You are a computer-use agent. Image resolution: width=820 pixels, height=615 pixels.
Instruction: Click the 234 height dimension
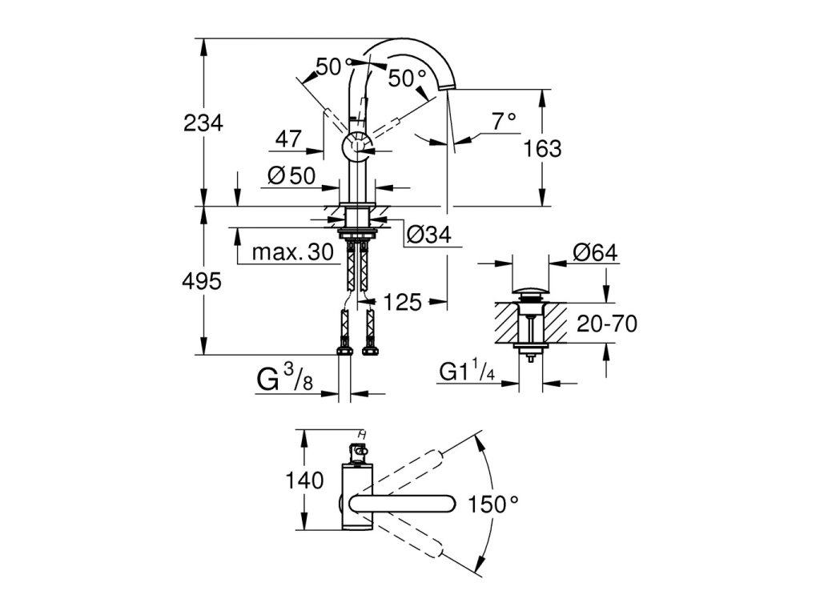(x=203, y=123)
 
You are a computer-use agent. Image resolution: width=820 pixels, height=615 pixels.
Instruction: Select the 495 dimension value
(x=202, y=282)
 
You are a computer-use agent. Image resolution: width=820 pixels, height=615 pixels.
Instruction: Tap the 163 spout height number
(x=542, y=149)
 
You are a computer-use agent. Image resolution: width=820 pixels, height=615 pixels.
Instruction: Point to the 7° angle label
(x=504, y=122)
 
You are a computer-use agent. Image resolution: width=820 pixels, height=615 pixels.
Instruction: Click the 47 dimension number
(x=288, y=139)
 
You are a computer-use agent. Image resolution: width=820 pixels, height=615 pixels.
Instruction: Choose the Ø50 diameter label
(x=291, y=175)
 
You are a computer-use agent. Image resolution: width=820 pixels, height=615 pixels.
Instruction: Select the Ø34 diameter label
(x=429, y=235)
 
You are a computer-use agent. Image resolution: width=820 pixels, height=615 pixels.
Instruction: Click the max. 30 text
(x=293, y=252)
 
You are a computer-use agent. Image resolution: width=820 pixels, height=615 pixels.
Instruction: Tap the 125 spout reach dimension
(x=403, y=302)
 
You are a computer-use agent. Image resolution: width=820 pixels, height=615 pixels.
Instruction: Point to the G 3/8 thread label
(x=285, y=378)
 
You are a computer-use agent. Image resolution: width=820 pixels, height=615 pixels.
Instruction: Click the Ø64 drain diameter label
(x=595, y=252)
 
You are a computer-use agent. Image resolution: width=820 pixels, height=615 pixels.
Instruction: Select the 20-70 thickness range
(x=607, y=324)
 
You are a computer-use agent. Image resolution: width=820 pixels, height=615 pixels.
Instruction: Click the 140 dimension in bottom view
(x=304, y=480)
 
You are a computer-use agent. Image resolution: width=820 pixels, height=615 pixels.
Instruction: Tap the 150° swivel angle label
(x=493, y=504)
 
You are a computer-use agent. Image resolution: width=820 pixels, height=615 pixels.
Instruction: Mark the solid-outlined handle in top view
(x=402, y=504)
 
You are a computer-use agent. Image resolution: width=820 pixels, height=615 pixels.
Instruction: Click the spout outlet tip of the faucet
(x=448, y=88)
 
